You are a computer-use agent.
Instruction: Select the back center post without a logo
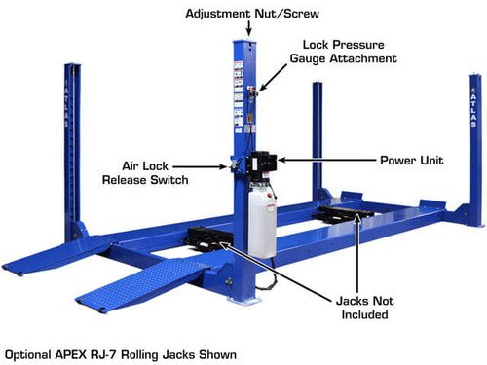pos(318,136)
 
